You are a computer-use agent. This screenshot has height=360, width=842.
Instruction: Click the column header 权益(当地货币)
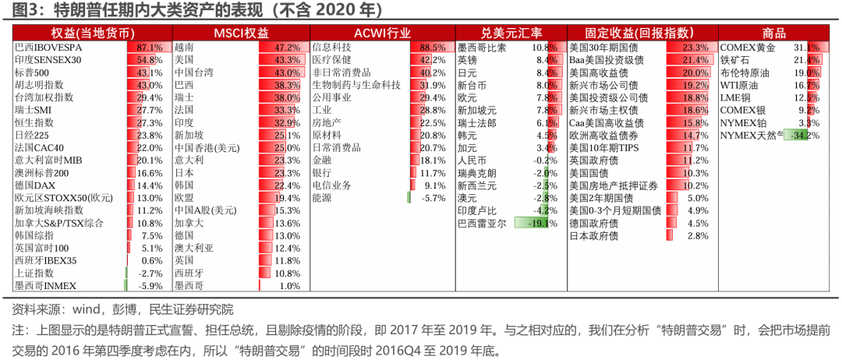tap(92, 33)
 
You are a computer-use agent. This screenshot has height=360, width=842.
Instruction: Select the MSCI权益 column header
tap(241, 33)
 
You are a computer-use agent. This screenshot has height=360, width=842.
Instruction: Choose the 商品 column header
tap(773, 33)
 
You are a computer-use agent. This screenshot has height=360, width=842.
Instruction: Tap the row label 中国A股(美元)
tap(205, 210)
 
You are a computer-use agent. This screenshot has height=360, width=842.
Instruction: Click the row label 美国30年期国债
tap(607, 48)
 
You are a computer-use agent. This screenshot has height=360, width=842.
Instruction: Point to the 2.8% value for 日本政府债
tap(697, 235)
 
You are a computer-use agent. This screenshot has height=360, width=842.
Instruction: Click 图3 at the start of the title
tap(22, 10)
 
